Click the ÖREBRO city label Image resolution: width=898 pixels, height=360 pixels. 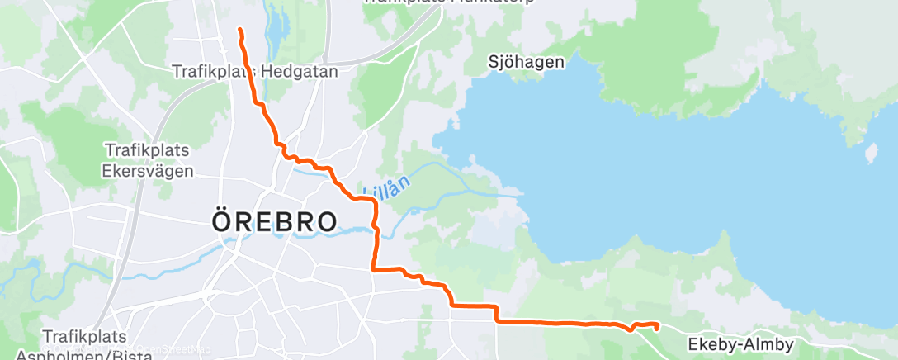coord(275,222)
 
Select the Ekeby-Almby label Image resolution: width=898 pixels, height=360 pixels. coord(740,344)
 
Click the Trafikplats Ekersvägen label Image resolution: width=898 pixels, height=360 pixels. coord(149,161)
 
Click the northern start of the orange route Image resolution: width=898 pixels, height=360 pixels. coord(240,30)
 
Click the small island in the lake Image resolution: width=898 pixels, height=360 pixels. coord(869,153)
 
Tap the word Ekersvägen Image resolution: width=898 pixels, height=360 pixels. coord(149,172)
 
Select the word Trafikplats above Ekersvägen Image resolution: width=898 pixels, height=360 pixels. coord(147,150)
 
